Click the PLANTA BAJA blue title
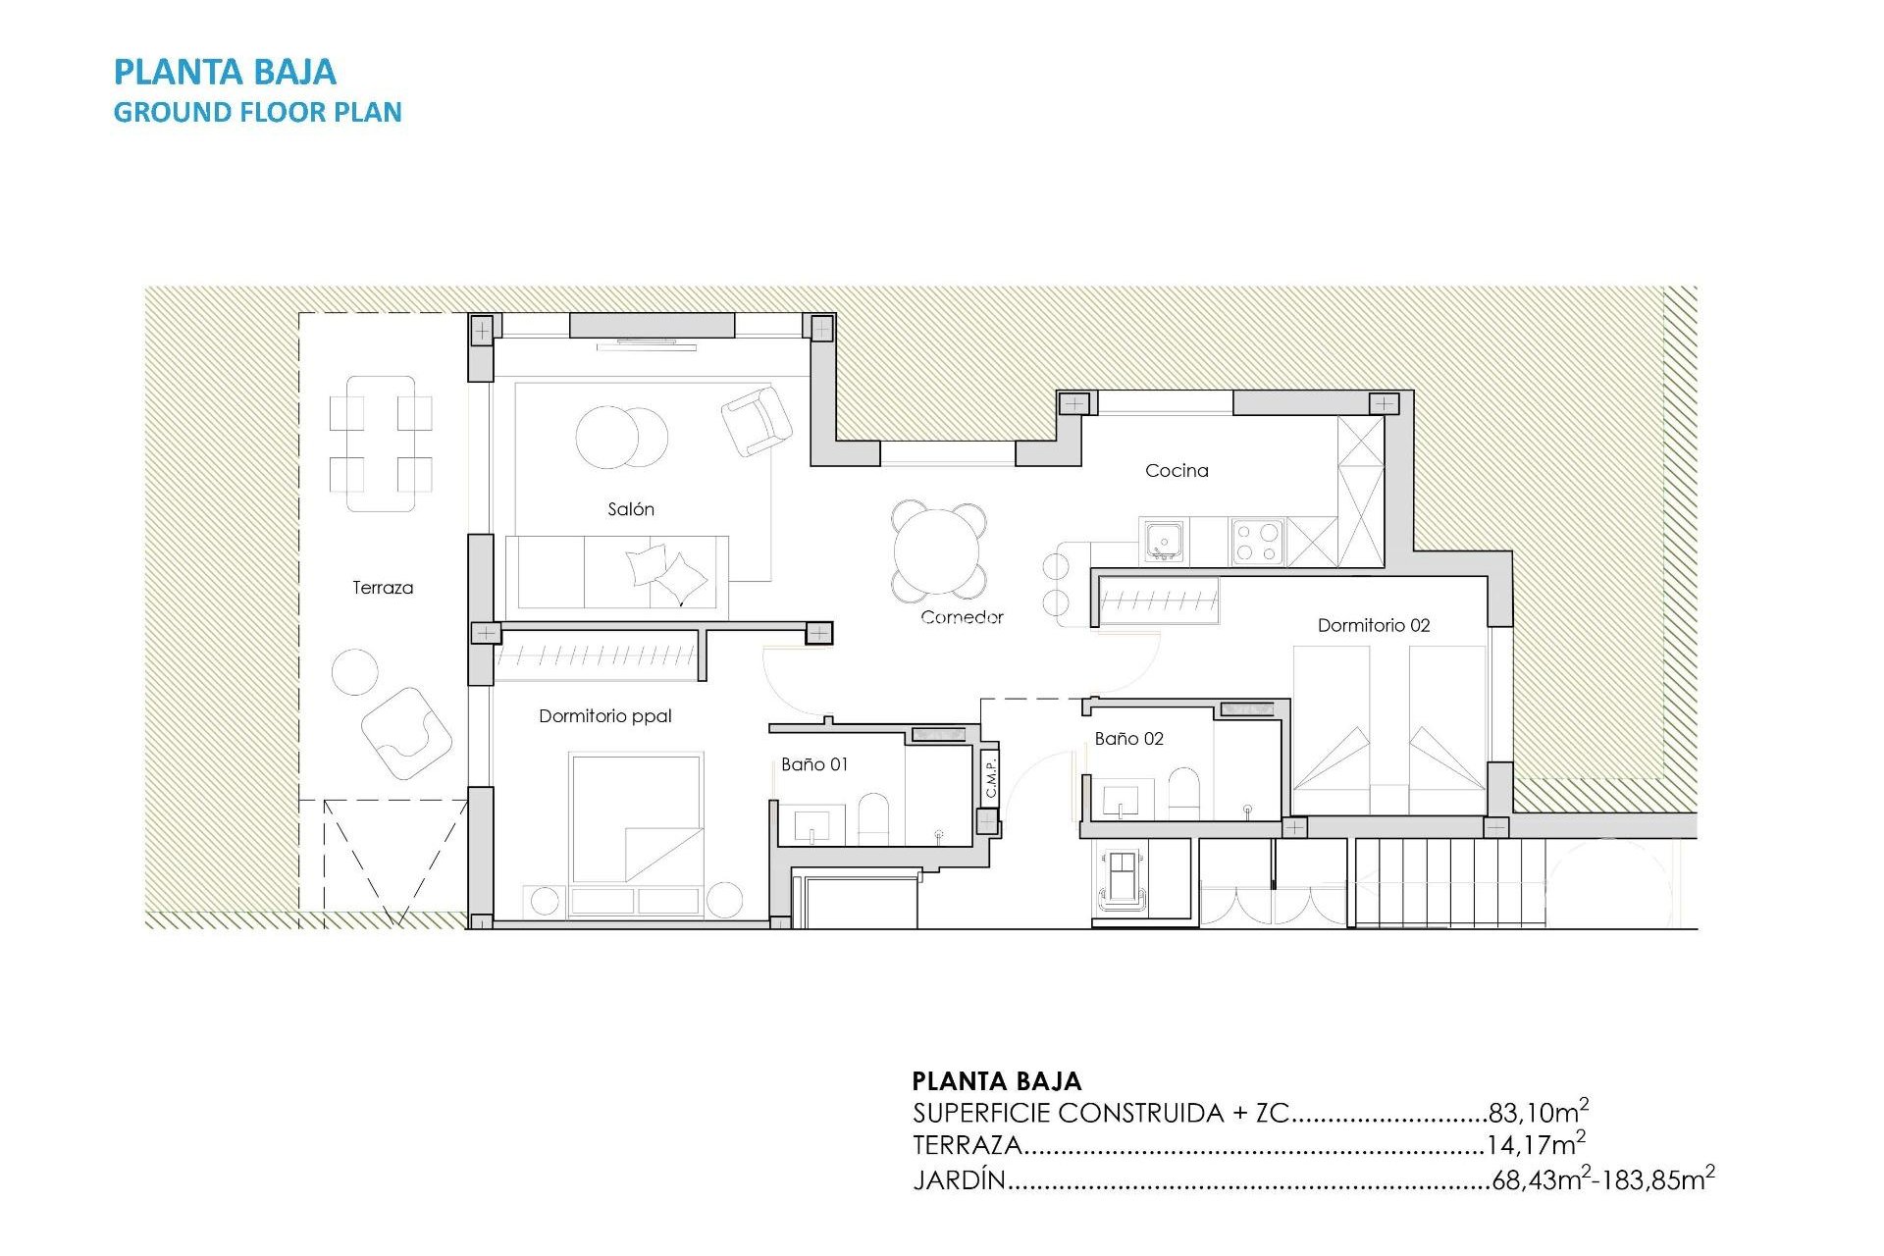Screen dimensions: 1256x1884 point(225,72)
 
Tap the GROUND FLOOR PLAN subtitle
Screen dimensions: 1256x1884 point(257,112)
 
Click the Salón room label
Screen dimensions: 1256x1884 point(630,509)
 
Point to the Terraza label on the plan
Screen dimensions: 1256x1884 point(383,588)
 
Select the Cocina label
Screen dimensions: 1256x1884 point(1177,471)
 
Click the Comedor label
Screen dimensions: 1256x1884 point(962,617)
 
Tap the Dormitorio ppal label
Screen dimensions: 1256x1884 point(604,716)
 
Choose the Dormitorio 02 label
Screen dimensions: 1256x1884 point(1373,625)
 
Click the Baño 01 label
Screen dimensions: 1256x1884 point(813,764)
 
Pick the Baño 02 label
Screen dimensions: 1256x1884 point(1128,739)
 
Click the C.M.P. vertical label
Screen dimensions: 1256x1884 point(990,777)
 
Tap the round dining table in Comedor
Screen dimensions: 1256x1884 point(938,550)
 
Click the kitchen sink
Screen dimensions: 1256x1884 point(1164,541)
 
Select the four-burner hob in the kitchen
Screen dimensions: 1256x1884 point(1257,542)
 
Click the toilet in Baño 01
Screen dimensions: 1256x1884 point(873,819)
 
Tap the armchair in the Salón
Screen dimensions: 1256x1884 point(756,420)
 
